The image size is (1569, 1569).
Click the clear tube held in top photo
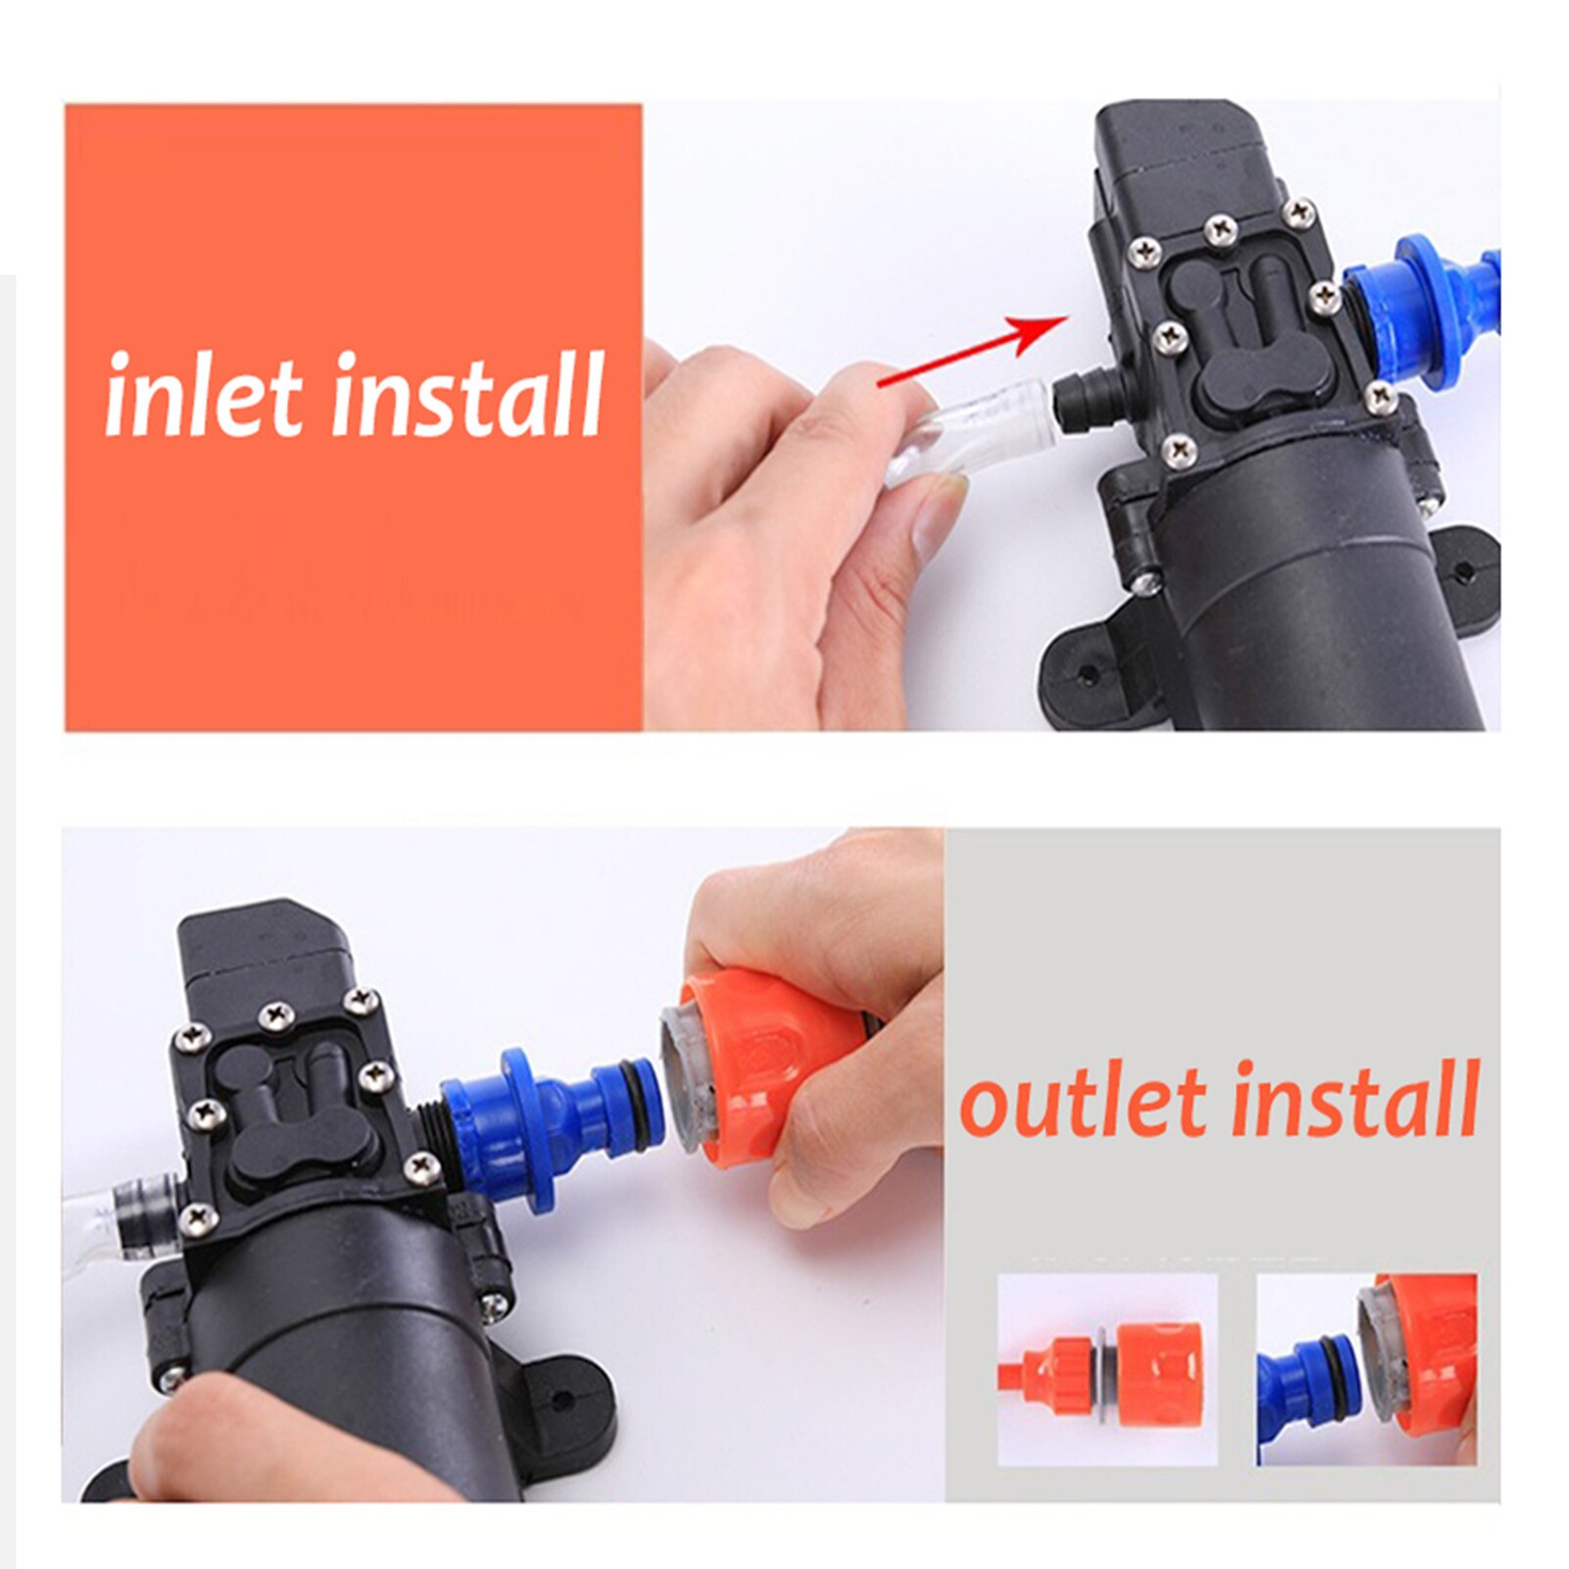970,431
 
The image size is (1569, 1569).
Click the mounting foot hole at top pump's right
1463,569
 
